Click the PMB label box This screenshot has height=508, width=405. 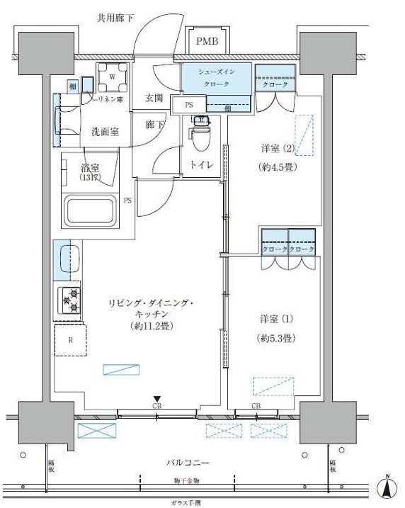pos(207,42)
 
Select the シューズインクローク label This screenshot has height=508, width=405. pos(217,78)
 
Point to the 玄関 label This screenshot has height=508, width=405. pos(154,98)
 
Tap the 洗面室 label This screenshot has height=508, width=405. pos(103,131)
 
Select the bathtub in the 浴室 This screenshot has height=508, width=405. pos(91,210)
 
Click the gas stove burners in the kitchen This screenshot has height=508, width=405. pos(70,300)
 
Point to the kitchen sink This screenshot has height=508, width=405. pos(68,259)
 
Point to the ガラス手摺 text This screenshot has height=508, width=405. pos(187,500)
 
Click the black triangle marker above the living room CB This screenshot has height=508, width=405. pos(157,399)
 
